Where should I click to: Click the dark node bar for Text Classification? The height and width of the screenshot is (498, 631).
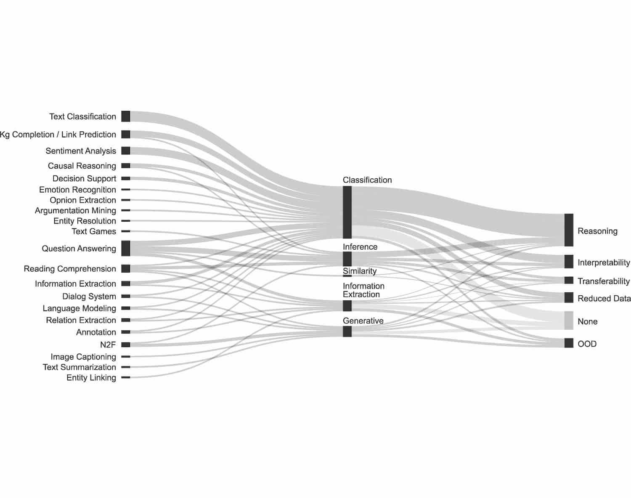coord(125,116)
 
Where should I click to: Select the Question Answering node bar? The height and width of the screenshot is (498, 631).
coord(125,248)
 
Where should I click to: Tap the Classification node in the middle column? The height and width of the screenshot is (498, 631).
coord(347,212)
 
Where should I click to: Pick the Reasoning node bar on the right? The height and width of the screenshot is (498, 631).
coord(569,230)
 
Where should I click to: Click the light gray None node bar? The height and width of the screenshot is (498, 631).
coord(569,320)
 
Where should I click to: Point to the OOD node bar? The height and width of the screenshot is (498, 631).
coord(569,343)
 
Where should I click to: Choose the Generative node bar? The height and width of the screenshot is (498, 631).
coord(347,331)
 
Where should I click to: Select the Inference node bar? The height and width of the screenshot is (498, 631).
coord(347,259)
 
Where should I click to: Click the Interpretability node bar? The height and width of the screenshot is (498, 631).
coord(569,261)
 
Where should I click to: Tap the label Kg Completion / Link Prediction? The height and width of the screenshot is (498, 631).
coord(58,135)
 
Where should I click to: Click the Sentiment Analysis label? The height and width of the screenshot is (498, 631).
coord(81,151)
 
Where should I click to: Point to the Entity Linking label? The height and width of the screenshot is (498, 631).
coord(91,377)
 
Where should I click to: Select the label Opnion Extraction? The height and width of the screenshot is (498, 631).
coord(83,200)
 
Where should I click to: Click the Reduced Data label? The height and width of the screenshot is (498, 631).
coord(604,298)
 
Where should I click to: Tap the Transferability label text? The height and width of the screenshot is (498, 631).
coord(603,281)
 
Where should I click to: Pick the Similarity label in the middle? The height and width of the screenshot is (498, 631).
coord(360,271)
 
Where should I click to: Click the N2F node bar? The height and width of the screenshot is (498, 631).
coord(125,344)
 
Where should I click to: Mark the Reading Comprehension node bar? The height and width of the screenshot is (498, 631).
coord(125,268)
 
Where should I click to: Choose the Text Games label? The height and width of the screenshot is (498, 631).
coord(94,231)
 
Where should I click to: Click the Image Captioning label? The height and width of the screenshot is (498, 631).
coord(83,357)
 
